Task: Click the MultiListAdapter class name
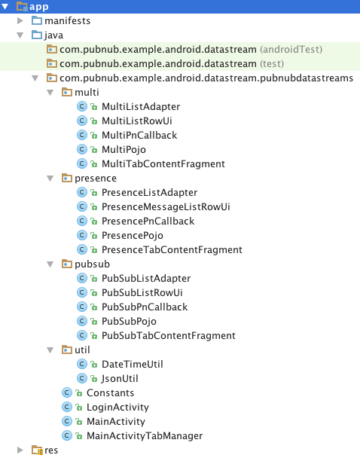coord(141,107)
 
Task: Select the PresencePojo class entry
coord(133,236)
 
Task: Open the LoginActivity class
coord(117,408)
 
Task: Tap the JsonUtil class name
coord(120,379)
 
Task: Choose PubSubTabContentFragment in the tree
coord(169,336)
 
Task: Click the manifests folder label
coord(68,21)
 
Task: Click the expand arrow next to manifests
coord(20,21)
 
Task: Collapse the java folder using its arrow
coord(20,35)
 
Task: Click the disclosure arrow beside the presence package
coord(50,179)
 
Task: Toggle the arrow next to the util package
coord(50,350)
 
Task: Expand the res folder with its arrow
coord(20,450)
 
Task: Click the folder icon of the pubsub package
coord(67,264)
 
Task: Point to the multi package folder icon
coord(67,93)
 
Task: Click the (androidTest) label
coord(291,50)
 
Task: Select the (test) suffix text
coord(272,64)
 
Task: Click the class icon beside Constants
coord(67,393)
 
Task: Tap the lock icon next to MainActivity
coord(79,422)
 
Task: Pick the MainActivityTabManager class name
coord(145,436)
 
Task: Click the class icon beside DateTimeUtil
coord(82,365)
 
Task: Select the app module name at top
coord(39,7)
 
